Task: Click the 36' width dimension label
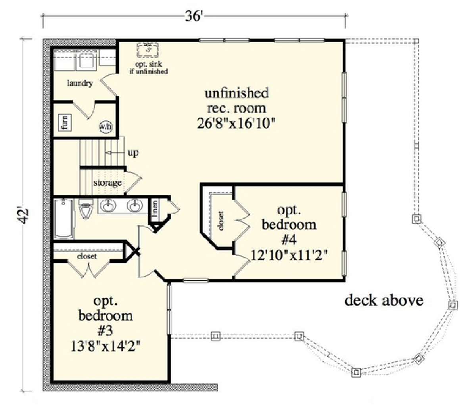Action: pos(193,16)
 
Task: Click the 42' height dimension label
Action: pos(23,216)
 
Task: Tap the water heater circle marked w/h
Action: pos(106,127)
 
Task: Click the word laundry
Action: pos(80,83)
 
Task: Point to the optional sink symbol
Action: pos(148,50)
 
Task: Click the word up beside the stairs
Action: pos(133,153)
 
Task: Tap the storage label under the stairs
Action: pos(107,183)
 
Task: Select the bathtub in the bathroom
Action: pos(64,219)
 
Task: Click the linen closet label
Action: pos(155,209)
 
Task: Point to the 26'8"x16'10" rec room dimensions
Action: pos(236,123)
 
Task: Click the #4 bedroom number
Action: pos(289,240)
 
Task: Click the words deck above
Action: pos(384,300)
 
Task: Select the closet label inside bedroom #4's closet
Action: pos(221,221)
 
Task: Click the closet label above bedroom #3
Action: pos(87,256)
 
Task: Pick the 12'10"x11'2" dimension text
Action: pos(289,255)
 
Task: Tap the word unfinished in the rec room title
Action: pos(236,93)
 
